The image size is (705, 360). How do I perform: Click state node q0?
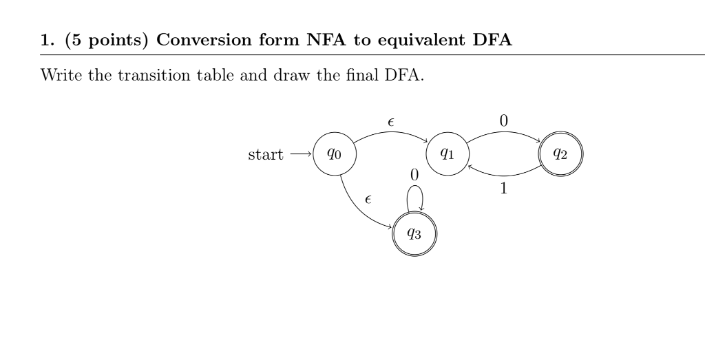click(x=334, y=154)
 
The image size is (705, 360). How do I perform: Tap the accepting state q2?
click(x=561, y=154)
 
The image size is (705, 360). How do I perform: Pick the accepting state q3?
click(x=414, y=234)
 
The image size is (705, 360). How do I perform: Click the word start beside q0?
click(x=265, y=155)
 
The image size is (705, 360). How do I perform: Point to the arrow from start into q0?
click(x=300, y=155)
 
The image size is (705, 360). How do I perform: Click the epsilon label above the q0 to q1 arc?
click(x=391, y=122)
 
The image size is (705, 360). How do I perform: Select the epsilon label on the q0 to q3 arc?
click(x=369, y=200)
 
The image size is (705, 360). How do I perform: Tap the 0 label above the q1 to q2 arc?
click(x=503, y=120)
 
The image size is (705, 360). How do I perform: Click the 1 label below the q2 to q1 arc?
click(x=503, y=188)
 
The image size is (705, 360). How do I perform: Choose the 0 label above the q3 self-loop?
click(x=414, y=175)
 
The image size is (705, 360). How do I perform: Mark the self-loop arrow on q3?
click(x=414, y=198)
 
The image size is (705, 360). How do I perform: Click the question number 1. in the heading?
click(x=48, y=39)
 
